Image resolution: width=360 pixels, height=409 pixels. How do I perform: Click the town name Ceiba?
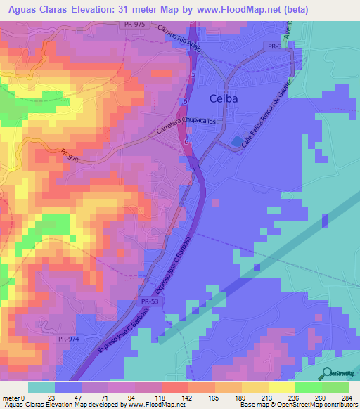pyautogui.click(x=224, y=98)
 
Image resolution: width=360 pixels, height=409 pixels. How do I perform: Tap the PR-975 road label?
pyautogui.click(x=136, y=25)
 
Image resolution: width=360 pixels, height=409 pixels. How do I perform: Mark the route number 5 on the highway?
pyautogui.click(x=192, y=73)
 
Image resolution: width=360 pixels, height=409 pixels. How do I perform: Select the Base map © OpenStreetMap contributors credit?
pyautogui.click(x=298, y=405)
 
